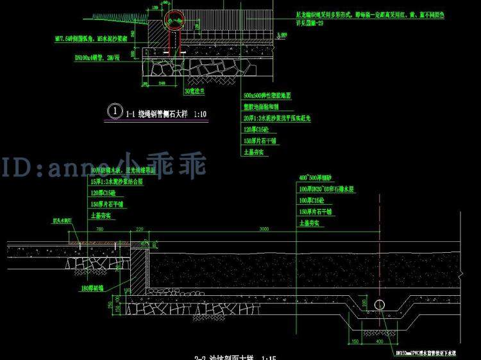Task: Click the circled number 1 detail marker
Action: click(x=114, y=110)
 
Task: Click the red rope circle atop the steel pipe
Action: click(x=173, y=21)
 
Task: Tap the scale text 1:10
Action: click(x=200, y=114)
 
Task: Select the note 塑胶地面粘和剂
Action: click(x=260, y=107)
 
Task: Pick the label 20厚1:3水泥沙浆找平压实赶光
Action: click(x=276, y=118)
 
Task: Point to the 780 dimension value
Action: click(x=99, y=229)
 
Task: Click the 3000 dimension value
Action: click(x=264, y=229)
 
